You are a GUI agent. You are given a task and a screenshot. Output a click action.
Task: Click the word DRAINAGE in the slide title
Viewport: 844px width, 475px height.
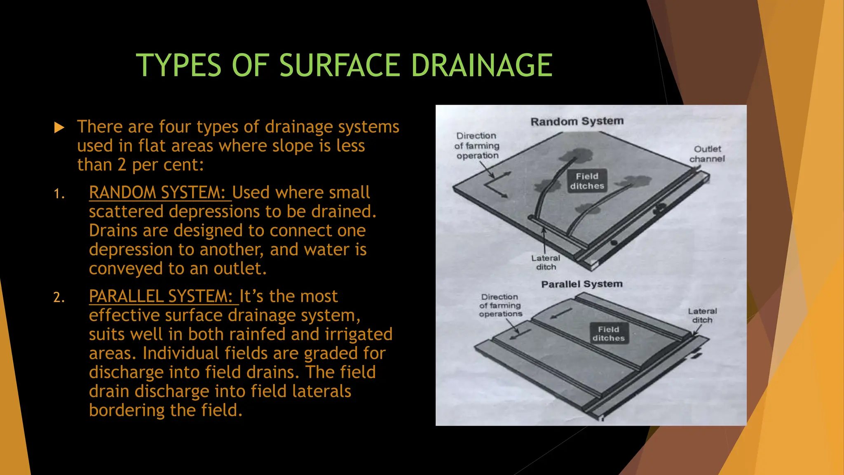click(x=482, y=65)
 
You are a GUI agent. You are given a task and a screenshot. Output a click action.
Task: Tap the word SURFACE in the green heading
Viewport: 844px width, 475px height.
click(x=340, y=65)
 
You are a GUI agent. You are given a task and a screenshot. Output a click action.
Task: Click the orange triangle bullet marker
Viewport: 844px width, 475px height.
click(x=59, y=127)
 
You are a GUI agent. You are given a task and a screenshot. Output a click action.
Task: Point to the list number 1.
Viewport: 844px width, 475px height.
click(x=59, y=194)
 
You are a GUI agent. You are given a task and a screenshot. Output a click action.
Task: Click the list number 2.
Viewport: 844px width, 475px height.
click(x=59, y=298)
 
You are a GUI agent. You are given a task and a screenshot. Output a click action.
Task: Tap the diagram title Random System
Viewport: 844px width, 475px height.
click(x=577, y=121)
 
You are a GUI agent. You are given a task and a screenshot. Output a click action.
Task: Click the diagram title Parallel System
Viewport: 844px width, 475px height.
click(x=581, y=284)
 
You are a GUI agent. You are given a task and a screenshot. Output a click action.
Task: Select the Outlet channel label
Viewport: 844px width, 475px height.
click(x=707, y=154)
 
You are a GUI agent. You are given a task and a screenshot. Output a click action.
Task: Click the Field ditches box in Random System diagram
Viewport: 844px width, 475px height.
click(x=587, y=181)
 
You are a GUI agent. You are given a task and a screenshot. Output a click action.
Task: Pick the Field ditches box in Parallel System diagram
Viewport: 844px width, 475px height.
click(x=609, y=334)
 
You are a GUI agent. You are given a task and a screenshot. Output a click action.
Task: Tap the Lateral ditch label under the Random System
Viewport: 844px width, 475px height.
click(x=546, y=262)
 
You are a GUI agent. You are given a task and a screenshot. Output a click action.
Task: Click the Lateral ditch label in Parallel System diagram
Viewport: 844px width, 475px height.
click(x=702, y=315)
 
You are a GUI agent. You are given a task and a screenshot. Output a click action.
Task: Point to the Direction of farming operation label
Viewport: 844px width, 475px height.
click(x=477, y=146)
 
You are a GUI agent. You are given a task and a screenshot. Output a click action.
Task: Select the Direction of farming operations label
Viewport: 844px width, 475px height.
click(x=500, y=305)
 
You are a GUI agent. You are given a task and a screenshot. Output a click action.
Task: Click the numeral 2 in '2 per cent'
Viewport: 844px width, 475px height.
click(x=122, y=165)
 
